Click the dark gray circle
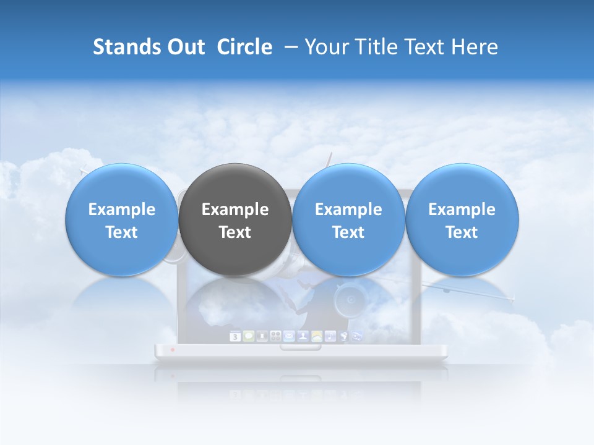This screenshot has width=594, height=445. click(235, 220)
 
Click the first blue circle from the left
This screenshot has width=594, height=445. click(121, 220)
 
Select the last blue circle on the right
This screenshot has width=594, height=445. click(462, 220)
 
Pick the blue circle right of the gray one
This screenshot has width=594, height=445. click(348, 220)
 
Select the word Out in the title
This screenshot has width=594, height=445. click(186, 47)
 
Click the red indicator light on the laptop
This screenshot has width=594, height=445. click(172, 350)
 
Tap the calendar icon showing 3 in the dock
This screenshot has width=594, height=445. click(235, 336)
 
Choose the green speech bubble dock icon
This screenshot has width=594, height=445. click(249, 336)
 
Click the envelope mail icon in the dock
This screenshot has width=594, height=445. click(289, 336)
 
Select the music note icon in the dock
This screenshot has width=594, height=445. click(331, 336)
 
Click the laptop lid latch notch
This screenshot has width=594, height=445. click(301, 347)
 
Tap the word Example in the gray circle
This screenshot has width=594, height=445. click(235, 210)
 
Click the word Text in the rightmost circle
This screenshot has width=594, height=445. click(462, 232)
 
